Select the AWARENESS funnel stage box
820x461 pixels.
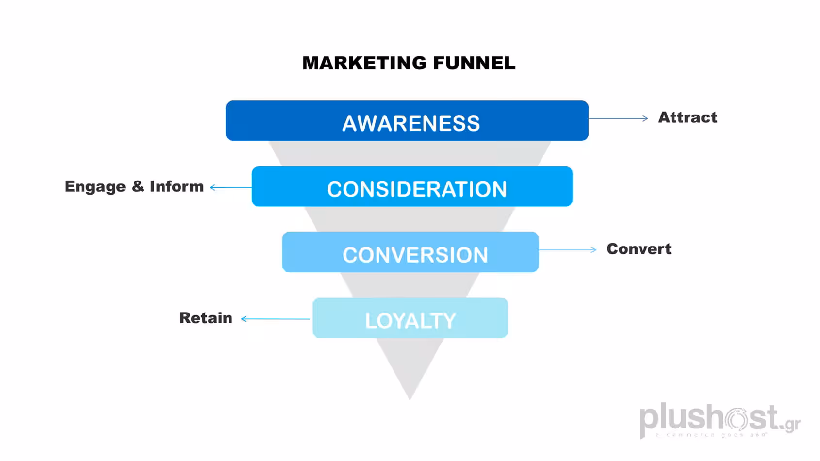(407, 121)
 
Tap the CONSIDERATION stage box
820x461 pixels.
(412, 187)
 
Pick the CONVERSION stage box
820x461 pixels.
(410, 252)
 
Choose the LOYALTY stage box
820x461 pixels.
(410, 318)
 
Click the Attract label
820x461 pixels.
(687, 117)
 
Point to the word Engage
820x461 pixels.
(95, 187)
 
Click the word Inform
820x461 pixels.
(177, 186)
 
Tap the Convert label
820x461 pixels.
(639, 249)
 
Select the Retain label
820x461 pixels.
(206, 318)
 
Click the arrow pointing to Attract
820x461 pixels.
(618, 118)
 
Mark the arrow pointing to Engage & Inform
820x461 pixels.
(230, 187)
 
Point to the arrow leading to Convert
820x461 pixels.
(568, 250)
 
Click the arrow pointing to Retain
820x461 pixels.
(275, 319)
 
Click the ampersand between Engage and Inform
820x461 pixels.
(138, 186)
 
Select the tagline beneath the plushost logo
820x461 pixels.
(711, 435)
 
